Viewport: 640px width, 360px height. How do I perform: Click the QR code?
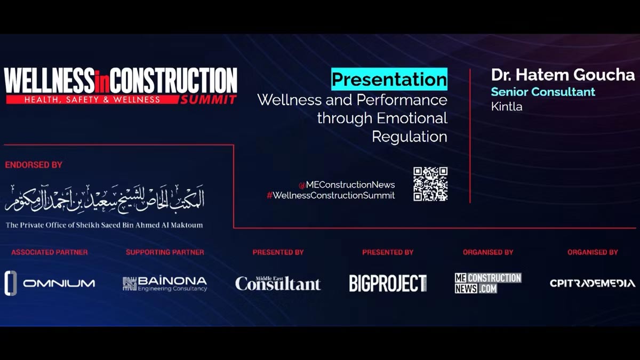(430, 184)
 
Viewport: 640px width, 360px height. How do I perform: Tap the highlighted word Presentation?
(389, 79)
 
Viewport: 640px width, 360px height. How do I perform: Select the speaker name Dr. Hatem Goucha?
(563, 75)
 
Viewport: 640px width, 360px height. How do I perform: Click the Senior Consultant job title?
(543, 92)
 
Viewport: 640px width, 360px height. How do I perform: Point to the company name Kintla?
(507, 107)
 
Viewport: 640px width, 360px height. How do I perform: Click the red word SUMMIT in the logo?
(207, 100)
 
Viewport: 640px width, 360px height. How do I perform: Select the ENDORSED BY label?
(34, 165)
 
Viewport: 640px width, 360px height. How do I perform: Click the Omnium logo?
(50, 283)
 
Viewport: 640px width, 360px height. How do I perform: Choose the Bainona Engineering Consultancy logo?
(165, 284)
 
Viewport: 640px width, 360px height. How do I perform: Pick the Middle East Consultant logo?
(278, 283)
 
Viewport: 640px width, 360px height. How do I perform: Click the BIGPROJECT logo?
(388, 283)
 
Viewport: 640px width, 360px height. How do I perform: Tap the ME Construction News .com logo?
(488, 283)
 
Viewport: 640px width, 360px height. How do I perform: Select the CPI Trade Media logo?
(593, 283)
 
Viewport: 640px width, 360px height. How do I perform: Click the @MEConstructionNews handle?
(347, 185)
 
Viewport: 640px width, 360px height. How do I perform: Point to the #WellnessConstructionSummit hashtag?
(331, 195)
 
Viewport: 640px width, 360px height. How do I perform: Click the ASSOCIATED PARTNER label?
(50, 252)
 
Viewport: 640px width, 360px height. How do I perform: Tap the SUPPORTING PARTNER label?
(165, 252)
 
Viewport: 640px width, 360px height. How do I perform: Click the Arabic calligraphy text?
(105, 198)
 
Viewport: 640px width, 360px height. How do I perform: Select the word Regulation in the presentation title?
(410, 137)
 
